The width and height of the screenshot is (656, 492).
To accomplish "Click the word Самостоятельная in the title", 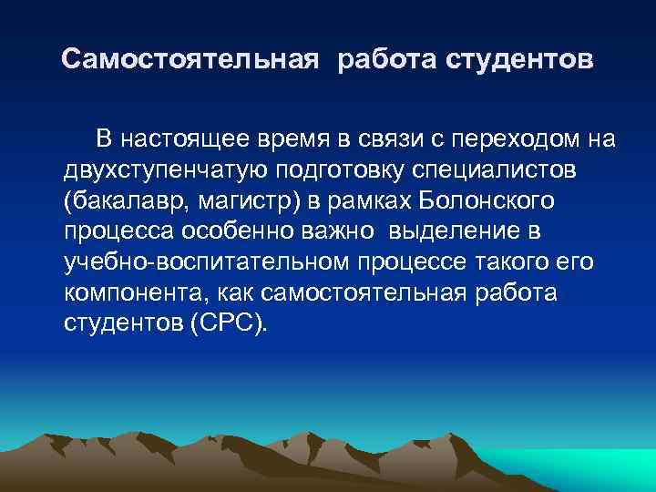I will pyautogui.click(x=190, y=61).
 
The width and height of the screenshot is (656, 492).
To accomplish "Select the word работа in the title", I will pyautogui.click(x=388, y=61).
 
